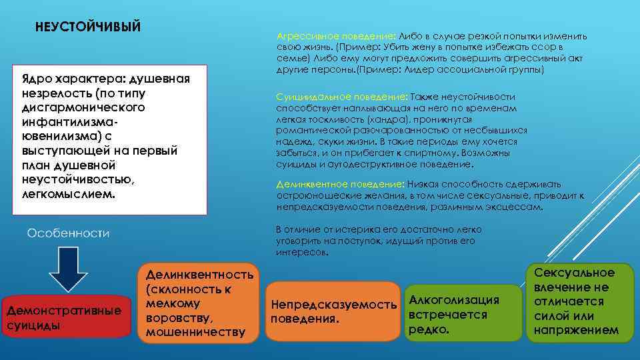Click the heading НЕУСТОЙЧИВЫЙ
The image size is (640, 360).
88,27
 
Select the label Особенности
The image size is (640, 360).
68,233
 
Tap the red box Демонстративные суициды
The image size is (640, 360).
65,318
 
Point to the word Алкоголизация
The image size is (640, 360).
453,300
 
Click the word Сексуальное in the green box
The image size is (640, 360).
579,273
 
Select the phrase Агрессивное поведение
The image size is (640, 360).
335,36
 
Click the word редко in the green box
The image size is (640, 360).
430,330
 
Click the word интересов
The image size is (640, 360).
301,253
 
